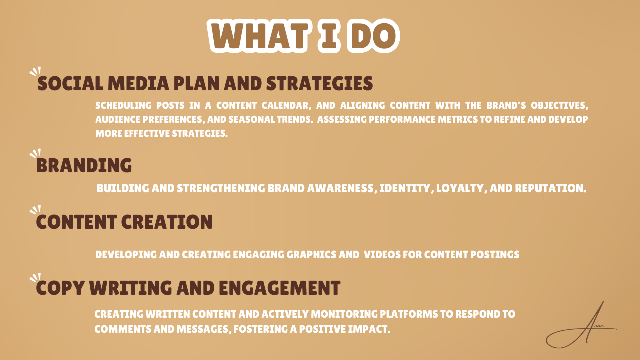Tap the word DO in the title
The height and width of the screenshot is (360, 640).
coord(373,36)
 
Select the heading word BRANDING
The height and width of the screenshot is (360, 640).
coord(84,165)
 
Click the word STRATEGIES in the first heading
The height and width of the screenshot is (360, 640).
coord(319,83)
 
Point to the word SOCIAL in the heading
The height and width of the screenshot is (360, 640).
coord(70,83)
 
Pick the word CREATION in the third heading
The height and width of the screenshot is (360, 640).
coord(167,222)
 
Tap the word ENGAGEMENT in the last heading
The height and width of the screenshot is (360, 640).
coord(279,287)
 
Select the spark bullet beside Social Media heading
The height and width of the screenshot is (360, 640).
coord(35,71)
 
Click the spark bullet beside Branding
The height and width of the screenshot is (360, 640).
coord(35,153)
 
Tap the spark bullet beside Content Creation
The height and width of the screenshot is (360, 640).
coord(35,209)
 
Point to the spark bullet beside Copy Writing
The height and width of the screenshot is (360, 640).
coord(35,277)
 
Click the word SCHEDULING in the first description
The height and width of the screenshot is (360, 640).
coord(123,105)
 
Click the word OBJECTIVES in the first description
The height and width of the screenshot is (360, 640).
coord(559,105)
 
